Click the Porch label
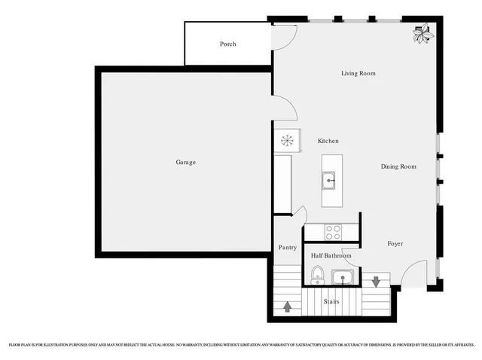pyautogui.click(x=227, y=44)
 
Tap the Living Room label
pyautogui.click(x=358, y=74)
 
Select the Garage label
pyautogui.click(x=186, y=162)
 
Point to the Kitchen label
pyautogui.click(x=328, y=142)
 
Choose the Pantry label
pyautogui.click(x=287, y=247)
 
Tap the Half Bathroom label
pyautogui.click(x=331, y=256)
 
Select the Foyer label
pyautogui.click(x=396, y=244)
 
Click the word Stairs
pyautogui.click(x=331, y=302)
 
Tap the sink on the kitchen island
pyautogui.click(x=331, y=181)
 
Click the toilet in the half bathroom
pyautogui.click(x=317, y=276)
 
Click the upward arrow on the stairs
pyautogui.click(x=287, y=306)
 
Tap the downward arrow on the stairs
pyautogui.click(x=376, y=282)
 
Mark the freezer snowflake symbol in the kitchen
pyautogui.click(x=286, y=140)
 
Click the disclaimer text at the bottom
pyautogui.click(x=241, y=344)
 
